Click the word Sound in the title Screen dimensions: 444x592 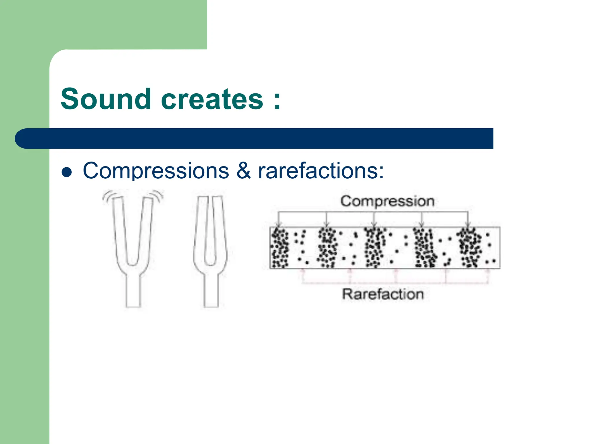coord(106,99)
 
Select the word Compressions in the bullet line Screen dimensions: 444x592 coord(156,171)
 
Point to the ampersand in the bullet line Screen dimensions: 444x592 coord(243,171)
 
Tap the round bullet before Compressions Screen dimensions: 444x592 coord(67,172)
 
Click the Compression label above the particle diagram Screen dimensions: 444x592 coord(387,201)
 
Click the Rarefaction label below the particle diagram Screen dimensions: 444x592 coord(383,294)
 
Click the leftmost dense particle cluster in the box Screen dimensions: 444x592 coord(280,248)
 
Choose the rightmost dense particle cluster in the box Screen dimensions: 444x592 coord(470,248)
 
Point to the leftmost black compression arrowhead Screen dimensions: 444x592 coord(278,225)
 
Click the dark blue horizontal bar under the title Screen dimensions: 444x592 coord(254,138)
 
